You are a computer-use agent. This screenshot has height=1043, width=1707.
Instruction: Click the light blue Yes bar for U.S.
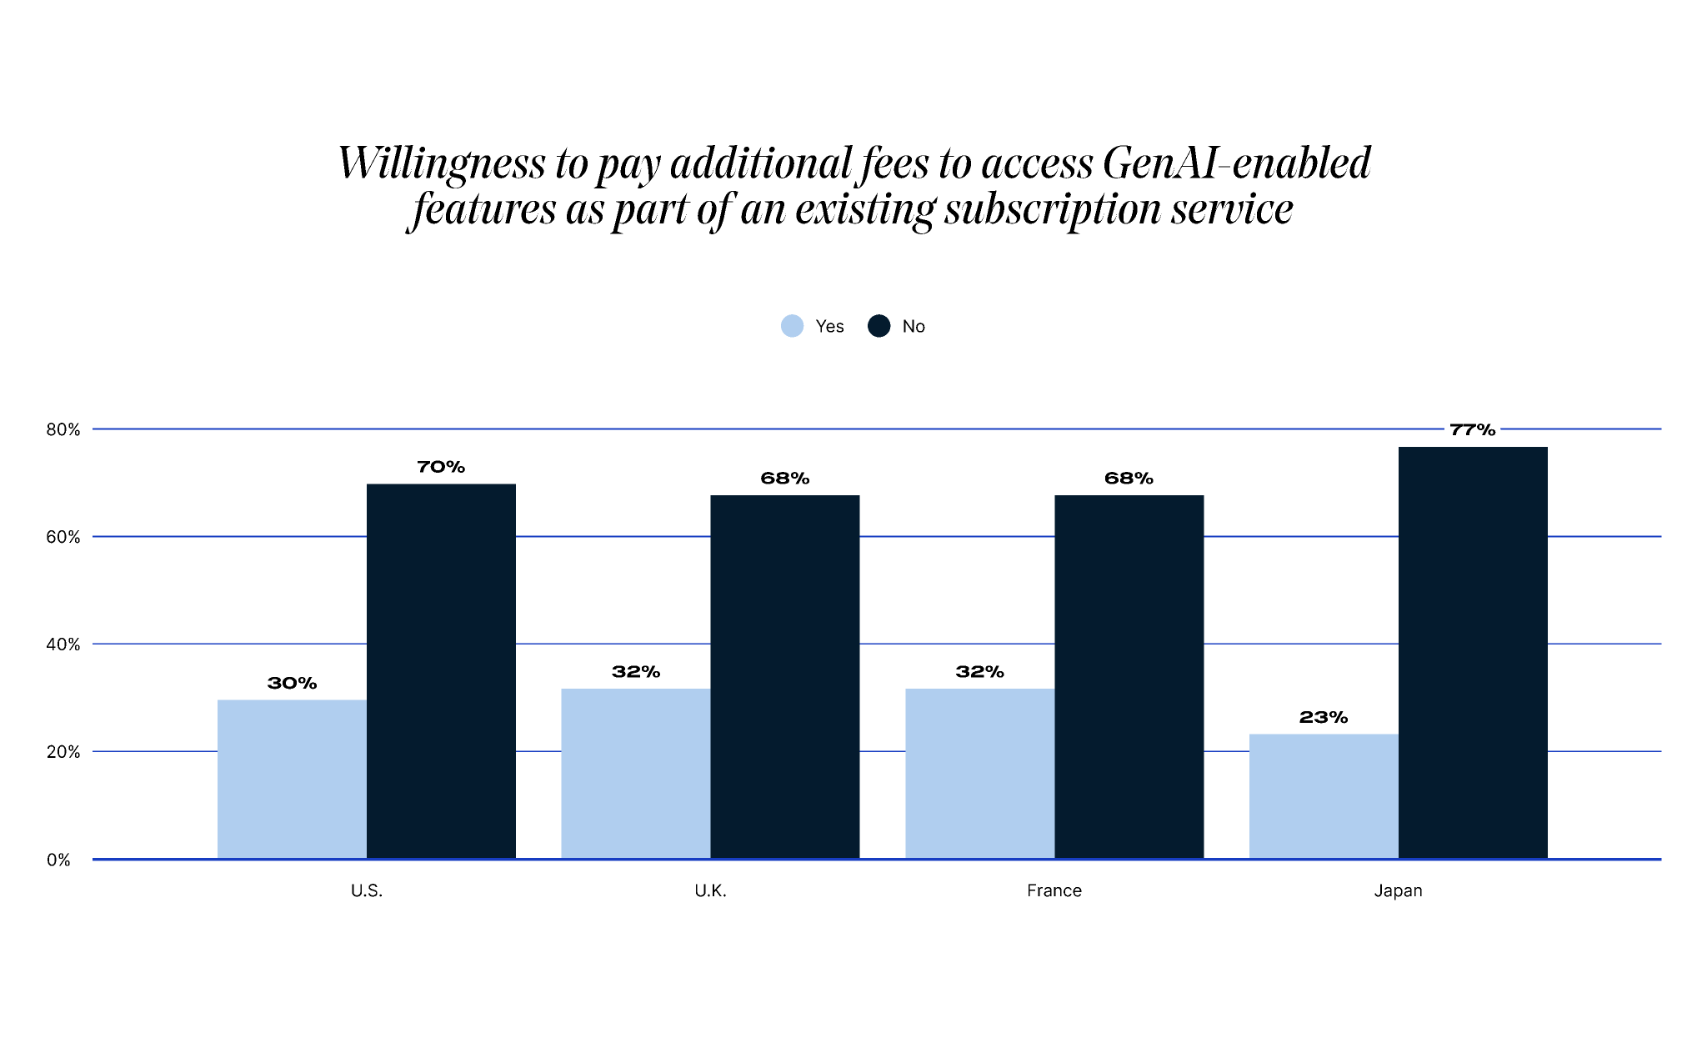pos(292,779)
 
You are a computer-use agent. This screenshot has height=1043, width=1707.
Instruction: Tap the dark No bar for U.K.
pos(784,676)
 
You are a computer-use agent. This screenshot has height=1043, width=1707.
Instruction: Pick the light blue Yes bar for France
pos(979,773)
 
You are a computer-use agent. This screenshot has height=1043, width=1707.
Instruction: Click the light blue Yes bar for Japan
pos(1323,796)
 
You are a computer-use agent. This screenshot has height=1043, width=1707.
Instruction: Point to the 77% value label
pos(1472,430)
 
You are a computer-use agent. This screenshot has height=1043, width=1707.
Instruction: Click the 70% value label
pos(441,467)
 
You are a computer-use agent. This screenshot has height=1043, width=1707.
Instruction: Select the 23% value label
pos(1323,717)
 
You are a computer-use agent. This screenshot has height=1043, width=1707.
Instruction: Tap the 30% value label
pos(292,684)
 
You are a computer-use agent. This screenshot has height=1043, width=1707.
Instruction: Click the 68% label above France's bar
pos(1129,479)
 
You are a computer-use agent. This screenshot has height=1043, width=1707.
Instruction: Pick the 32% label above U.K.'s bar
pos(636,672)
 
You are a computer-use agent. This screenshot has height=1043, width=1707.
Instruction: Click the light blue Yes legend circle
pos(792,326)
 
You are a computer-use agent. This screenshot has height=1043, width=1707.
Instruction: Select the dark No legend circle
pos(879,326)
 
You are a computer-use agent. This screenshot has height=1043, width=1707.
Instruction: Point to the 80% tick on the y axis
pos(63,430)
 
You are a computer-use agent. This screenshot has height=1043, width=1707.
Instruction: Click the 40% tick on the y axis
pos(63,644)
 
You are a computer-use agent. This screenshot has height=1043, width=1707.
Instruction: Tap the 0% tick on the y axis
pos(58,860)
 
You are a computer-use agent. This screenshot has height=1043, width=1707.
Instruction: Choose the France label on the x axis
pos(1054,890)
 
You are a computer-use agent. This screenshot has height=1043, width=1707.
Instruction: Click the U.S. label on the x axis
pos(366,890)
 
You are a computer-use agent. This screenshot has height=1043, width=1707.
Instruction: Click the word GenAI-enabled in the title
pos(1236,163)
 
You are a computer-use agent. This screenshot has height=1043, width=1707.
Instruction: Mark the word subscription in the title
pos(1053,208)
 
